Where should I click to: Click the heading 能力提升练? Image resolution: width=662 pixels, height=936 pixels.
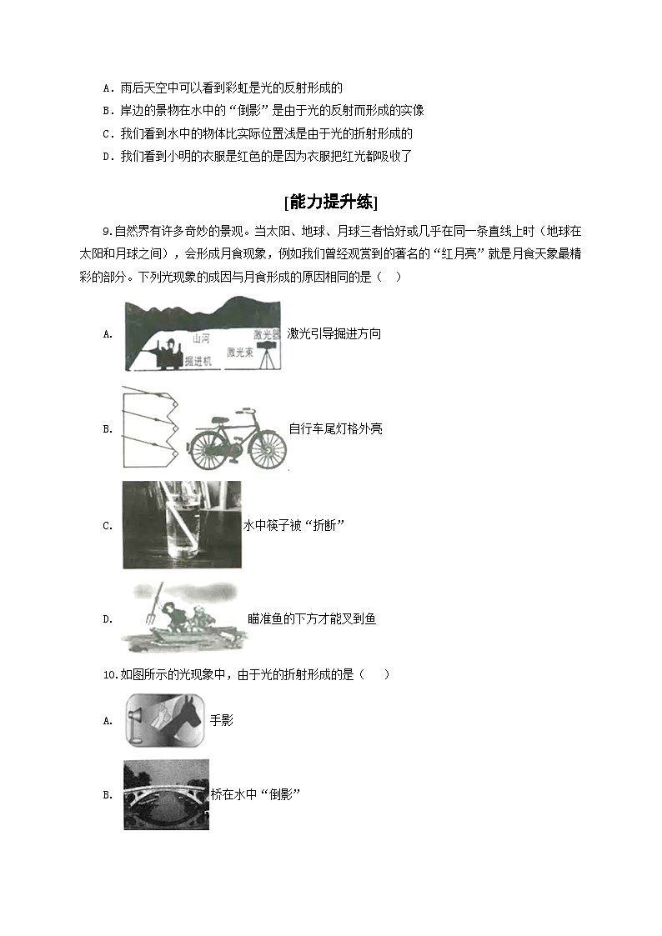click(331, 202)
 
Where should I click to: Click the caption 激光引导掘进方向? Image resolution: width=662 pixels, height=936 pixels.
click(334, 333)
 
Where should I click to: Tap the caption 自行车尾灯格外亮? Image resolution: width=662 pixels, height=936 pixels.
click(335, 429)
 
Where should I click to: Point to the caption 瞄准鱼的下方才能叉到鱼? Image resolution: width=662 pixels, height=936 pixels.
click(312, 618)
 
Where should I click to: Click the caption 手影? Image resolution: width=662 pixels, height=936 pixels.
click(222, 720)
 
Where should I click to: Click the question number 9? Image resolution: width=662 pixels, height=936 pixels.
click(107, 231)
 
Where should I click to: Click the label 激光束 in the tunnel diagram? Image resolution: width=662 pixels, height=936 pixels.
click(240, 353)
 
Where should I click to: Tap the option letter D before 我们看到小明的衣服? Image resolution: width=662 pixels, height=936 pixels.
click(107, 156)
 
